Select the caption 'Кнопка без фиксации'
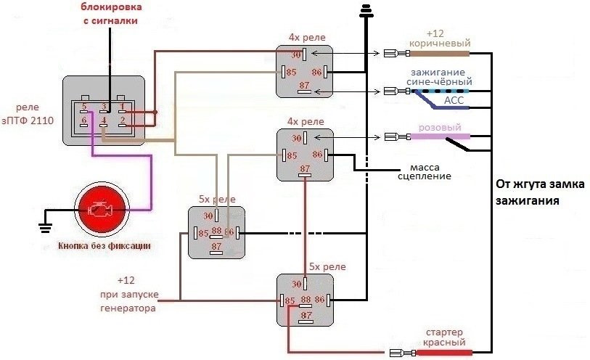point(104,245)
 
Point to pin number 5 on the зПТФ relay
point(85,107)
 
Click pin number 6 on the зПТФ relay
point(85,120)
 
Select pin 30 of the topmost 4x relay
point(295,54)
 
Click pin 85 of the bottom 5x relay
point(290,300)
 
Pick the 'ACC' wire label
point(454,101)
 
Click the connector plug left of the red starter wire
point(398,353)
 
